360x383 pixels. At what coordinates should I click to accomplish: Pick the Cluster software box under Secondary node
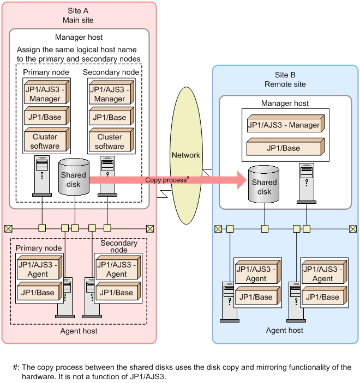[110, 142]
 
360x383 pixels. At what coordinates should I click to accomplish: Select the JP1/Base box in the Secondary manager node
[110, 117]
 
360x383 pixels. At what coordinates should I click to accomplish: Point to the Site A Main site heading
[79, 16]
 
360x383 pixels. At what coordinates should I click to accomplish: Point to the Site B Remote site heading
[285, 80]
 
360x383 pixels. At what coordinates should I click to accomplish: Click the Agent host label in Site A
[79, 331]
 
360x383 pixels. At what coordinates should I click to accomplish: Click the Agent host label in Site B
[285, 330]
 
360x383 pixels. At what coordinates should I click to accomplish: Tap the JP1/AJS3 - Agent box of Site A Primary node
[39, 270]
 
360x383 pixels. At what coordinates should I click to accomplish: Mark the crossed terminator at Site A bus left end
[8, 228]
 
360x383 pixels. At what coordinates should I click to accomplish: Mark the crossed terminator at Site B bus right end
[351, 228]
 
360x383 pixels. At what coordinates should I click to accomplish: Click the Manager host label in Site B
[285, 103]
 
